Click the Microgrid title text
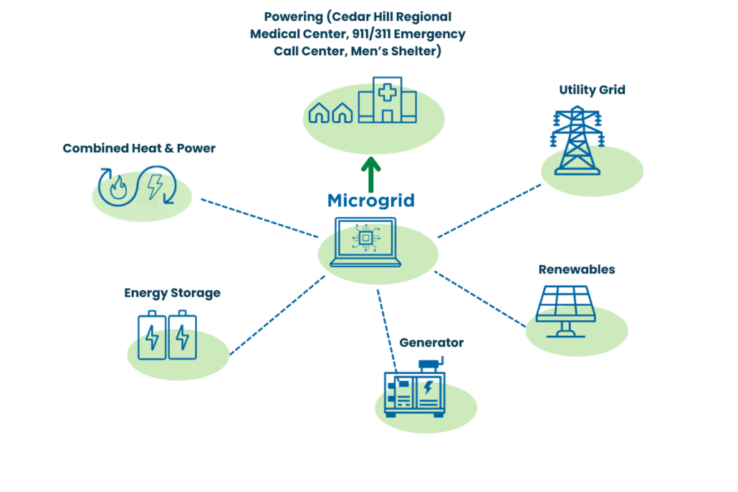tap(370, 200)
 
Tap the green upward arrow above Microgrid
tap(370, 174)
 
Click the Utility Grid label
tap(592, 90)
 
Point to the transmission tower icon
tap(577, 141)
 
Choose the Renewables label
tap(576, 270)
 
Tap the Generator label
tap(431, 343)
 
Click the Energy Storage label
tap(172, 293)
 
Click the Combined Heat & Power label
tap(139, 149)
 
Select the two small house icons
tap(330, 112)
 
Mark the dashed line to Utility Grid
tap(489, 211)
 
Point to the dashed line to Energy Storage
tap(277, 314)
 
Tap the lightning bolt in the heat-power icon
tap(154, 187)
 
